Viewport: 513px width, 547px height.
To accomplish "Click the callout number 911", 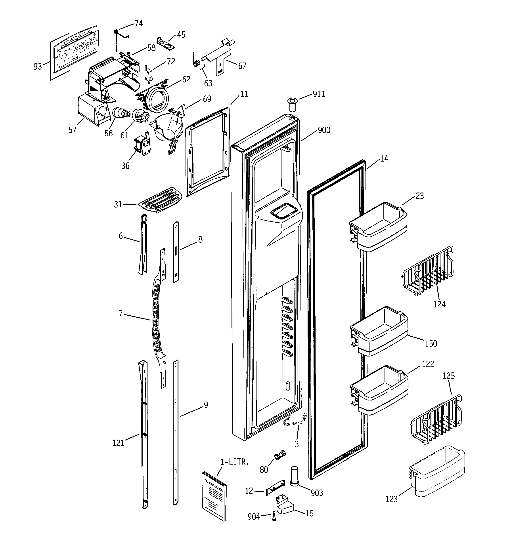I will (x=319, y=94).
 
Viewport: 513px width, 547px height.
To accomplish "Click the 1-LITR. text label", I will (x=234, y=462).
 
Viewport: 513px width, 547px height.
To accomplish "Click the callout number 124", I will (x=439, y=304).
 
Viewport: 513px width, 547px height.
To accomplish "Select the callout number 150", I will (x=431, y=343).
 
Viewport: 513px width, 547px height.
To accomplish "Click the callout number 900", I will (x=324, y=130).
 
